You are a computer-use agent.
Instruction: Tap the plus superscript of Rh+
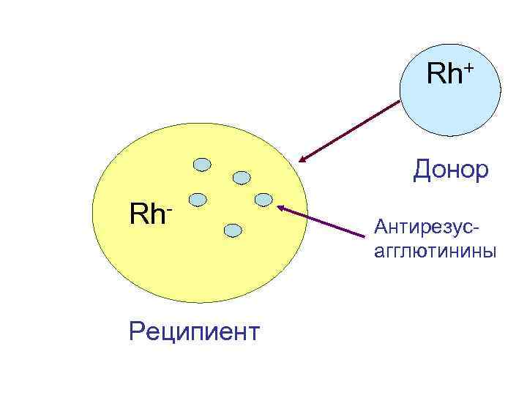(468, 68)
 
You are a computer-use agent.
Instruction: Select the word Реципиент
(193, 331)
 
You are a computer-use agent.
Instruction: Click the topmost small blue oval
(203, 165)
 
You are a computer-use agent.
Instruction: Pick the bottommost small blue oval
(232, 230)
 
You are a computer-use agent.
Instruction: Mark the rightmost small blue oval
(263, 199)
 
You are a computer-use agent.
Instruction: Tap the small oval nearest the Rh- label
(196, 198)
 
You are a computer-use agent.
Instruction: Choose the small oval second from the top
(241, 177)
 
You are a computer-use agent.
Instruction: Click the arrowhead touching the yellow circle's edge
(302, 159)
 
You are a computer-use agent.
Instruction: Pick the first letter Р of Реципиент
(135, 331)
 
